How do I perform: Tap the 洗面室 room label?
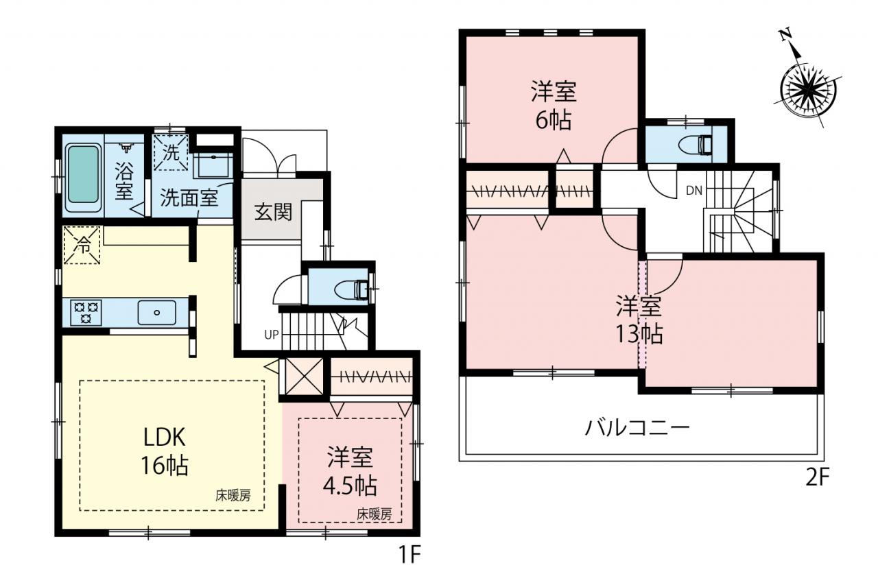click(189, 198)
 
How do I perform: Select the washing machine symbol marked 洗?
click(171, 152)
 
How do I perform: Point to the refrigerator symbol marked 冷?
click(82, 245)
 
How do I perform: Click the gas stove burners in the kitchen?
click(86, 312)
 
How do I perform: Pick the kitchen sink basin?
click(157, 312)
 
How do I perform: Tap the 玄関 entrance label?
click(273, 213)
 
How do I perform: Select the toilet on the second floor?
click(693, 145)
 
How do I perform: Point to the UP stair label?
click(271, 334)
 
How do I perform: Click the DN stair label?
click(693, 191)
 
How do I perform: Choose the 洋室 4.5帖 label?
click(350, 471)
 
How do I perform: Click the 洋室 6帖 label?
click(554, 105)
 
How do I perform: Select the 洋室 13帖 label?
click(639, 320)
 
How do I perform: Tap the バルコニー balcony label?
click(637, 427)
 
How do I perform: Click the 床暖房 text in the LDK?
click(233, 496)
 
